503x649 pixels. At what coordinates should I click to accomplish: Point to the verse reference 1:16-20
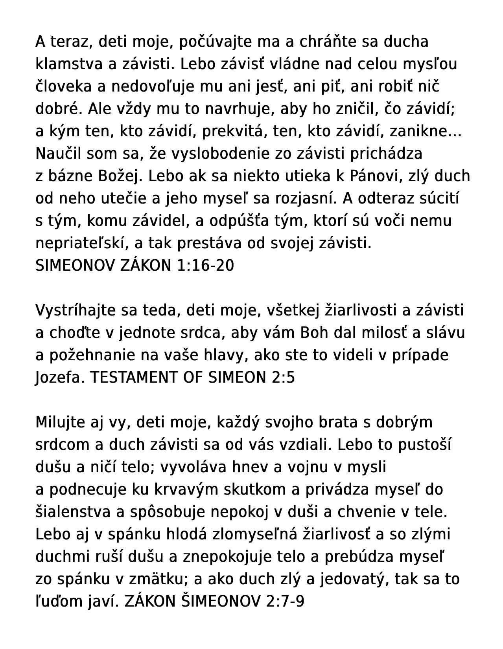(x=206, y=266)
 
